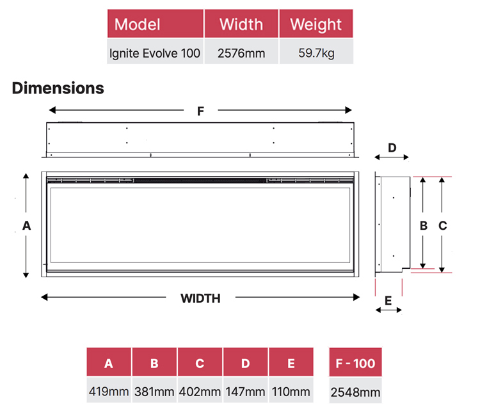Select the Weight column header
point(316,25)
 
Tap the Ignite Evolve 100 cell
point(156,53)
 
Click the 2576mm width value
point(241,53)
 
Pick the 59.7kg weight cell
point(316,53)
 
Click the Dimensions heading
point(58,88)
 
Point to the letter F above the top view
point(200,111)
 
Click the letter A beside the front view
point(26,225)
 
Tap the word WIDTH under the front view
point(200,298)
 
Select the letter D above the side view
point(392,148)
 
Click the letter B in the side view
point(423,225)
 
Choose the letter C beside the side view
point(442,225)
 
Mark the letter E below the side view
point(388,300)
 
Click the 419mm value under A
point(109,391)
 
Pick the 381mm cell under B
point(154,391)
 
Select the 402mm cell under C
point(200,391)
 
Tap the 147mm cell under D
point(246,391)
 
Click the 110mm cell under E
point(291,391)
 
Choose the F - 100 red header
point(355,364)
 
